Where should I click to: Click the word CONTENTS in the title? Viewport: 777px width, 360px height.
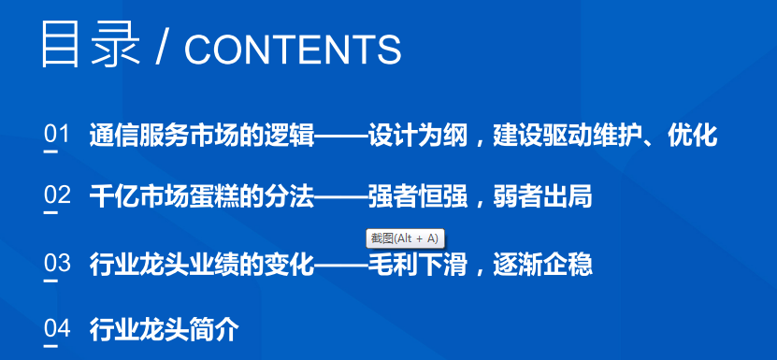pos(293,50)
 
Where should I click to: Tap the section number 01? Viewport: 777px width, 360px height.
pos(56,135)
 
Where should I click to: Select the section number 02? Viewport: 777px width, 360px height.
pos(57,195)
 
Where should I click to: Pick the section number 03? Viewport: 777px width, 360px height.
pos(57,263)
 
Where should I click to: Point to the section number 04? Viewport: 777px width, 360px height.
pos(57,328)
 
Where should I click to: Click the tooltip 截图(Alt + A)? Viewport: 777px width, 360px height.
pos(405,238)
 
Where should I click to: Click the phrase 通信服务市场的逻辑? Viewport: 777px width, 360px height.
pos(202,135)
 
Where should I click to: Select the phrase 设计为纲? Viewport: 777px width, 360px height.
pos(418,135)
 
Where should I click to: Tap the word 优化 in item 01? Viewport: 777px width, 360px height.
pos(692,135)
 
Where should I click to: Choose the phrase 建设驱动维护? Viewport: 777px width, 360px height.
pos(568,135)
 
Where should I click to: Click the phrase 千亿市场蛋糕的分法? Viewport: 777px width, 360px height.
pos(202,196)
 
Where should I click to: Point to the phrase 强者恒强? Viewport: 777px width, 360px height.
pos(418,196)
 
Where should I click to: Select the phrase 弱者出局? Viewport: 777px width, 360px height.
pos(542,196)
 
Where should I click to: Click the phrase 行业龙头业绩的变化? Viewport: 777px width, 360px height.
pos(202,264)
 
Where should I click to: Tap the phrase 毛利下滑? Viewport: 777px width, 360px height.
pos(418,264)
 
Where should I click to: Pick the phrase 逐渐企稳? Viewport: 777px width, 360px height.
pos(542,264)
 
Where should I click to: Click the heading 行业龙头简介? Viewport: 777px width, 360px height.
pos(164,329)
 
